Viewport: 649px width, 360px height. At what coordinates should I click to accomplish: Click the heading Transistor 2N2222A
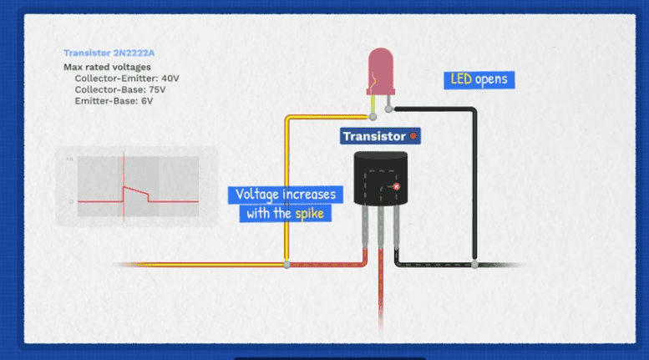(x=102, y=53)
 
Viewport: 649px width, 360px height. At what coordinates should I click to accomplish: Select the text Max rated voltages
(x=107, y=67)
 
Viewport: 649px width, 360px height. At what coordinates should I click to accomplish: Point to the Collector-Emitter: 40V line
(x=126, y=78)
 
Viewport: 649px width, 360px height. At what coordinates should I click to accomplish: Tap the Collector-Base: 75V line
(x=121, y=89)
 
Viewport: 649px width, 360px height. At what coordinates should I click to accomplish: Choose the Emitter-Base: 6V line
(x=114, y=100)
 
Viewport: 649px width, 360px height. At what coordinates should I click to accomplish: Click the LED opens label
(x=479, y=80)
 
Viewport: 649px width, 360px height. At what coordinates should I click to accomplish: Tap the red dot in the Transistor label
(x=413, y=135)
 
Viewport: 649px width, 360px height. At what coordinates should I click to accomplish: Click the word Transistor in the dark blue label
(x=374, y=135)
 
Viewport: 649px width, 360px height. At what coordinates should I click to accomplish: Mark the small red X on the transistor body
(x=396, y=187)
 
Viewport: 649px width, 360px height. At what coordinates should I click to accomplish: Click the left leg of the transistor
(x=366, y=230)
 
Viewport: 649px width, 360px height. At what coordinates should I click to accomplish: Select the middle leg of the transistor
(x=381, y=230)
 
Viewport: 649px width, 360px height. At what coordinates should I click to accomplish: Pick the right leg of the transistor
(x=396, y=230)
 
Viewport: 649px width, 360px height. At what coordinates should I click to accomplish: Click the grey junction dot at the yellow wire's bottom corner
(x=287, y=265)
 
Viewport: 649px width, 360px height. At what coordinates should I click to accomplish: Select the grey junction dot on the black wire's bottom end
(x=475, y=265)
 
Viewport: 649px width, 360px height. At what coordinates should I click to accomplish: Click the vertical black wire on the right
(x=475, y=184)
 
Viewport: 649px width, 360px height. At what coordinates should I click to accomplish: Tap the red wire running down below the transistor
(x=381, y=292)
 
